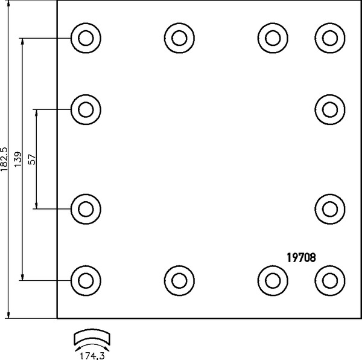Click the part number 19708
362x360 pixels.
[x=301, y=258]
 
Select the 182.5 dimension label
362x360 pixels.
[x=4, y=159]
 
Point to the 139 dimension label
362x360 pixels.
[x=17, y=159]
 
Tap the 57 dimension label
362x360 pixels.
[x=32, y=159]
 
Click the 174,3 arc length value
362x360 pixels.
[x=92, y=356]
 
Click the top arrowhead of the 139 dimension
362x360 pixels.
[x=22, y=41]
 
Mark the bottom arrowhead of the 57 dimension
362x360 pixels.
[x=36, y=205]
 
